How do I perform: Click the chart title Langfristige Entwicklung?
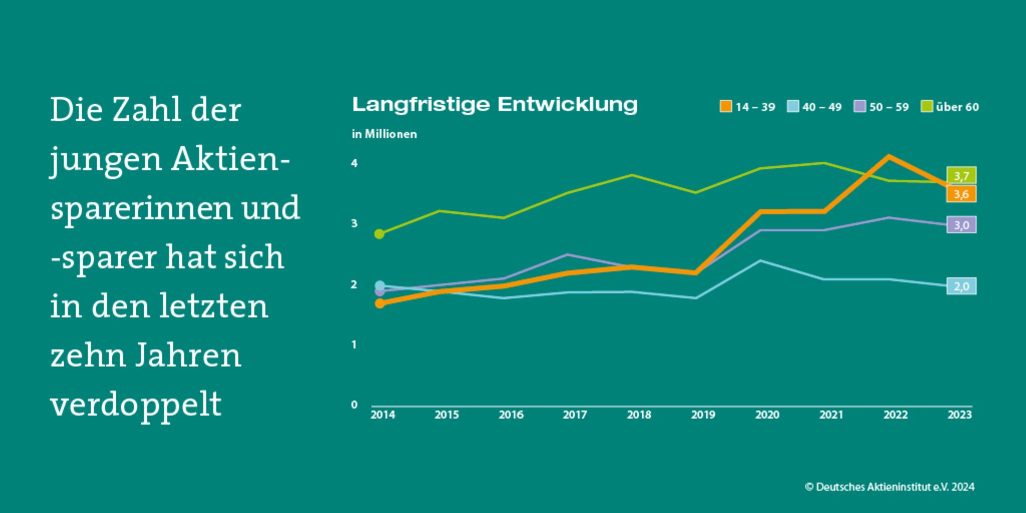pyautogui.click(x=494, y=105)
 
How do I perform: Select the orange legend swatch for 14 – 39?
pyautogui.click(x=725, y=107)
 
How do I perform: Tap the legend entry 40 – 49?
pyautogui.click(x=815, y=107)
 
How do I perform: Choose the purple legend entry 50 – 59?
pyautogui.click(x=882, y=107)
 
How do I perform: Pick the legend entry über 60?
pyautogui.click(x=950, y=107)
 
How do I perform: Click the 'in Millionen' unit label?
pyautogui.click(x=384, y=134)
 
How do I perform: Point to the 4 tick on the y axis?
pyautogui.click(x=354, y=163)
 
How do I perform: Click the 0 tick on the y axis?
pyautogui.click(x=354, y=405)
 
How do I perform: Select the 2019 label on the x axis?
pyautogui.click(x=703, y=415)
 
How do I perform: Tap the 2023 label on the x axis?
pyautogui.click(x=959, y=415)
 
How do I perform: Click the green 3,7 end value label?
pyautogui.click(x=961, y=176)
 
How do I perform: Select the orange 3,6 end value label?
pyautogui.click(x=961, y=194)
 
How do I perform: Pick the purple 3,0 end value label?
pyautogui.click(x=961, y=225)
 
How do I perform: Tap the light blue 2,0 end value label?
pyautogui.click(x=961, y=286)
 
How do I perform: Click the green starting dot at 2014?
pyautogui.click(x=379, y=234)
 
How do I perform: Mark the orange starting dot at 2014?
pyautogui.click(x=380, y=303)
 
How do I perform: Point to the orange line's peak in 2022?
pyautogui.click(x=889, y=156)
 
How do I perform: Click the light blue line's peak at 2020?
pyautogui.click(x=760, y=261)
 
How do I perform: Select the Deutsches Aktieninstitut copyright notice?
pyautogui.click(x=890, y=487)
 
